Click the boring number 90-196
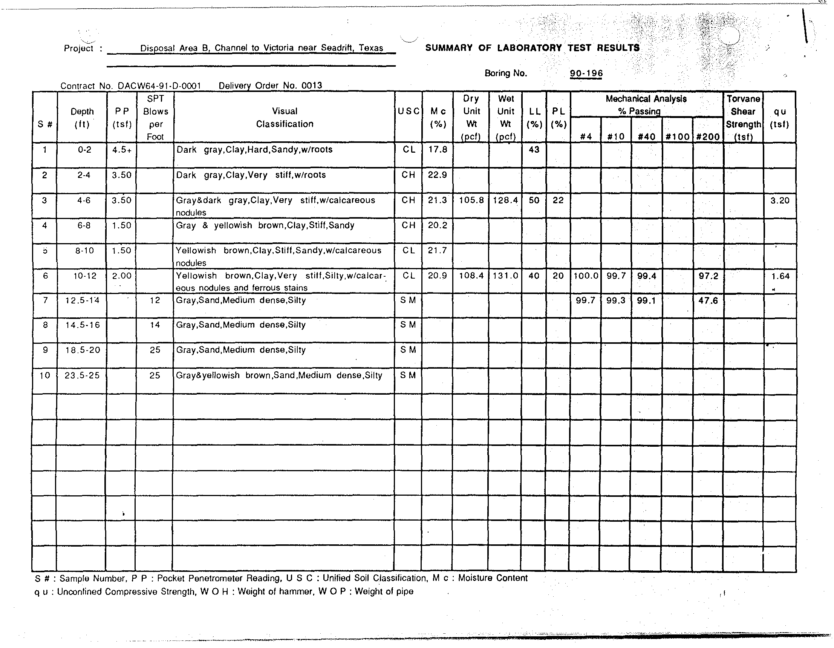point(586,74)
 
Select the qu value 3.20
point(779,200)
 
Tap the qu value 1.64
point(780,276)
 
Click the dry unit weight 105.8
point(471,200)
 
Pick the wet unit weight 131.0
point(505,276)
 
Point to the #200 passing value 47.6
point(708,301)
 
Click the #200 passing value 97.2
point(708,276)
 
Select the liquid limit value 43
point(534,149)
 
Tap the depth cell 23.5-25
point(82,375)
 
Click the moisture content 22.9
point(437,175)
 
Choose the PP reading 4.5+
point(122,149)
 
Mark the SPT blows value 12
point(155,300)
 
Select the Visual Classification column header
point(285,118)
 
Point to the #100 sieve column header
point(677,137)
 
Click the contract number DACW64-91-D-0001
point(159,86)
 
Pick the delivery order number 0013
point(312,86)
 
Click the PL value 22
point(558,200)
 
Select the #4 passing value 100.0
point(586,276)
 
